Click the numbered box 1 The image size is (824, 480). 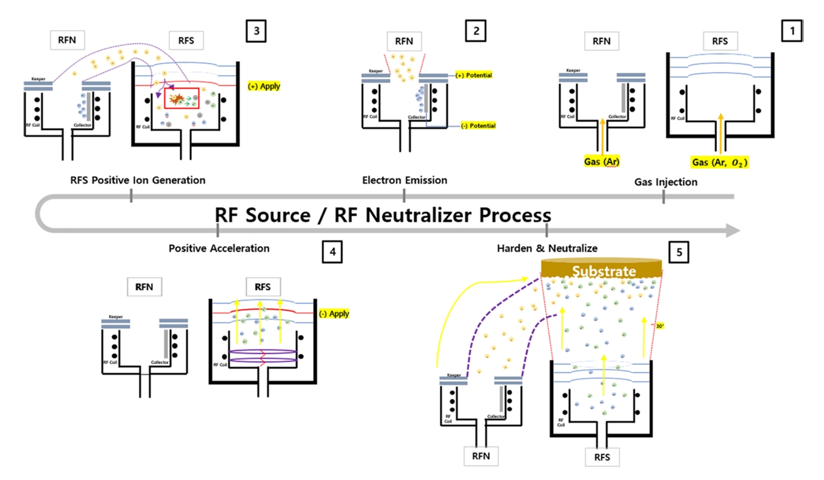pyautogui.click(x=792, y=31)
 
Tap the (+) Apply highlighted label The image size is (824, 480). pyautogui.click(x=264, y=86)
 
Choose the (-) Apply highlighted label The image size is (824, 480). pyautogui.click(x=334, y=313)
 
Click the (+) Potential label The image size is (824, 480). pyautogui.click(x=474, y=75)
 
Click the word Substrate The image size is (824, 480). pyautogui.click(x=603, y=271)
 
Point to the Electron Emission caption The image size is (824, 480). pyautogui.click(x=405, y=180)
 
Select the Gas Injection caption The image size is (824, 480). pyautogui.click(x=665, y=182)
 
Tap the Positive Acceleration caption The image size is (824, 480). pyautogui.click(x=219, y=249)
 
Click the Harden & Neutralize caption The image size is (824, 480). pyautogui.click(x=547, y=249)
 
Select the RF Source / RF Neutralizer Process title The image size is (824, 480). pyautogui.click(x=383, y=216)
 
